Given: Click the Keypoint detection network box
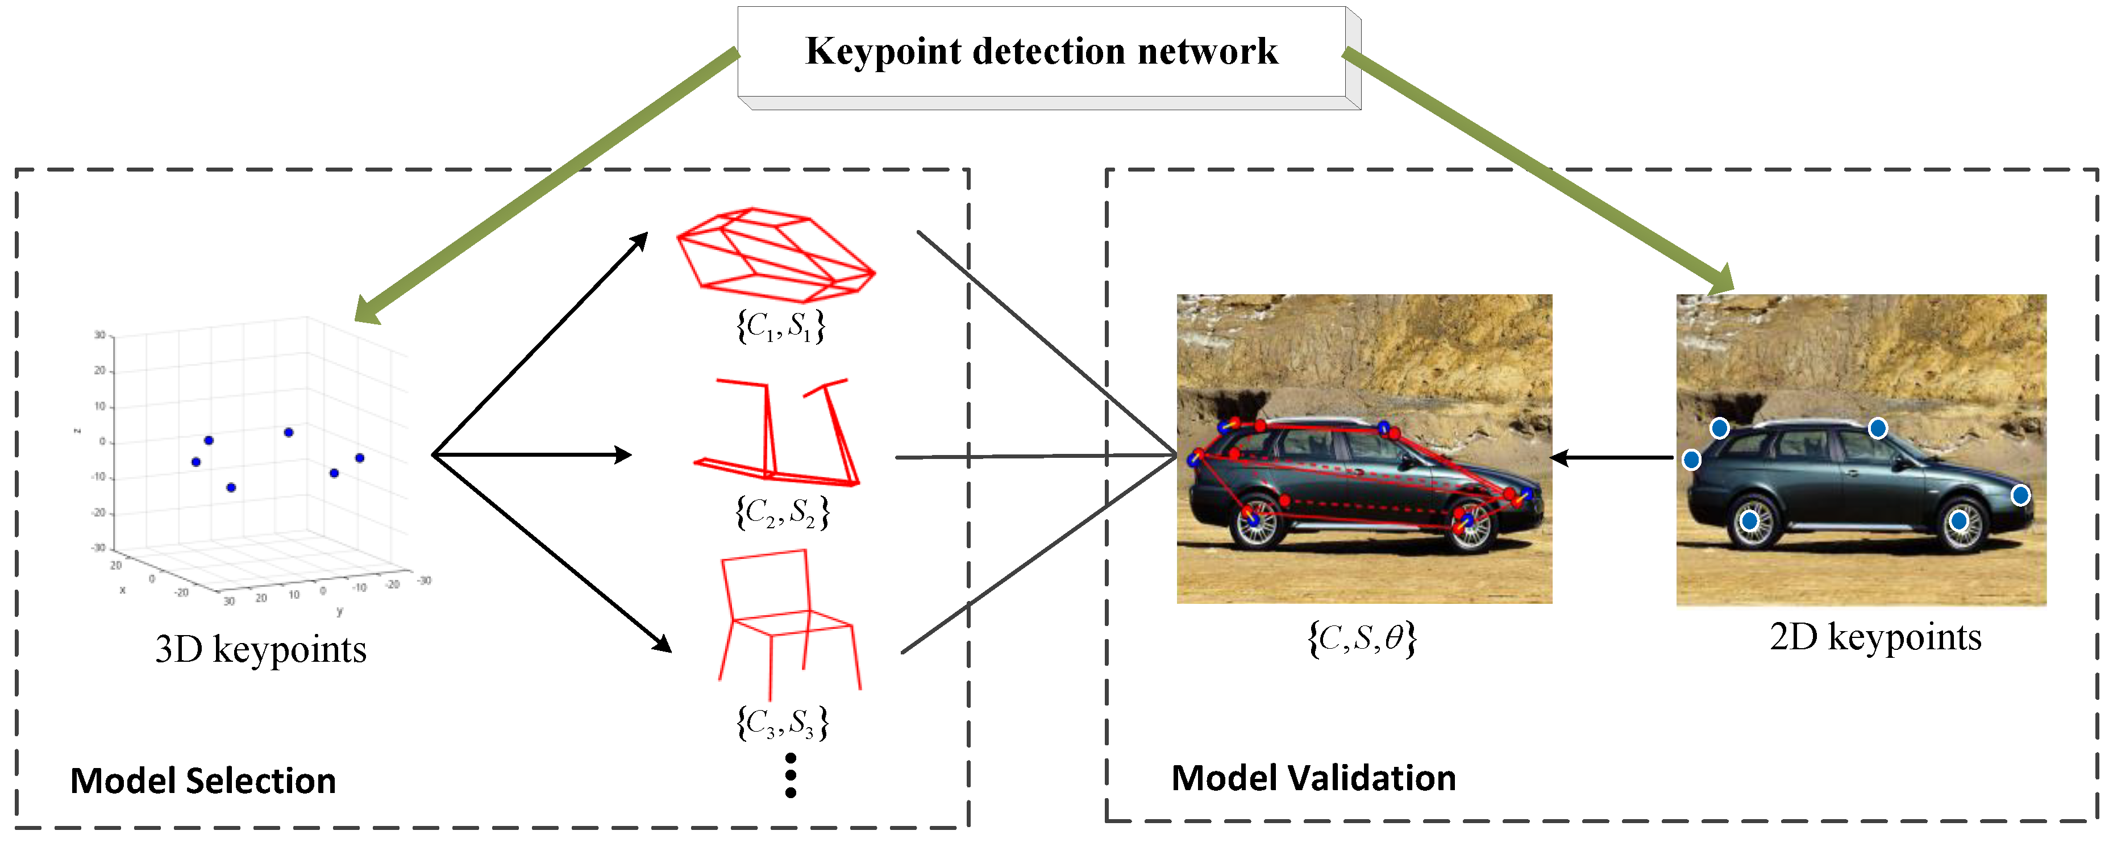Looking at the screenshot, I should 1042,52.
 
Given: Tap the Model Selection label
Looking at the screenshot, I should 203,780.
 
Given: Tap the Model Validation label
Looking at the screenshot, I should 1312,778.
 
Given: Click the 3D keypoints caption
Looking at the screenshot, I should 260,649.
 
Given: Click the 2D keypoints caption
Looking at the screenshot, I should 1874,637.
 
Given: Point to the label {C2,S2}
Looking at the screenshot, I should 781,512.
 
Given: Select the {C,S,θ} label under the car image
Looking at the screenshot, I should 1362,638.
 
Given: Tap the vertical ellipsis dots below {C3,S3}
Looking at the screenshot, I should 790,775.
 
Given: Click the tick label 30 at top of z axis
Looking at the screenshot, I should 100,335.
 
